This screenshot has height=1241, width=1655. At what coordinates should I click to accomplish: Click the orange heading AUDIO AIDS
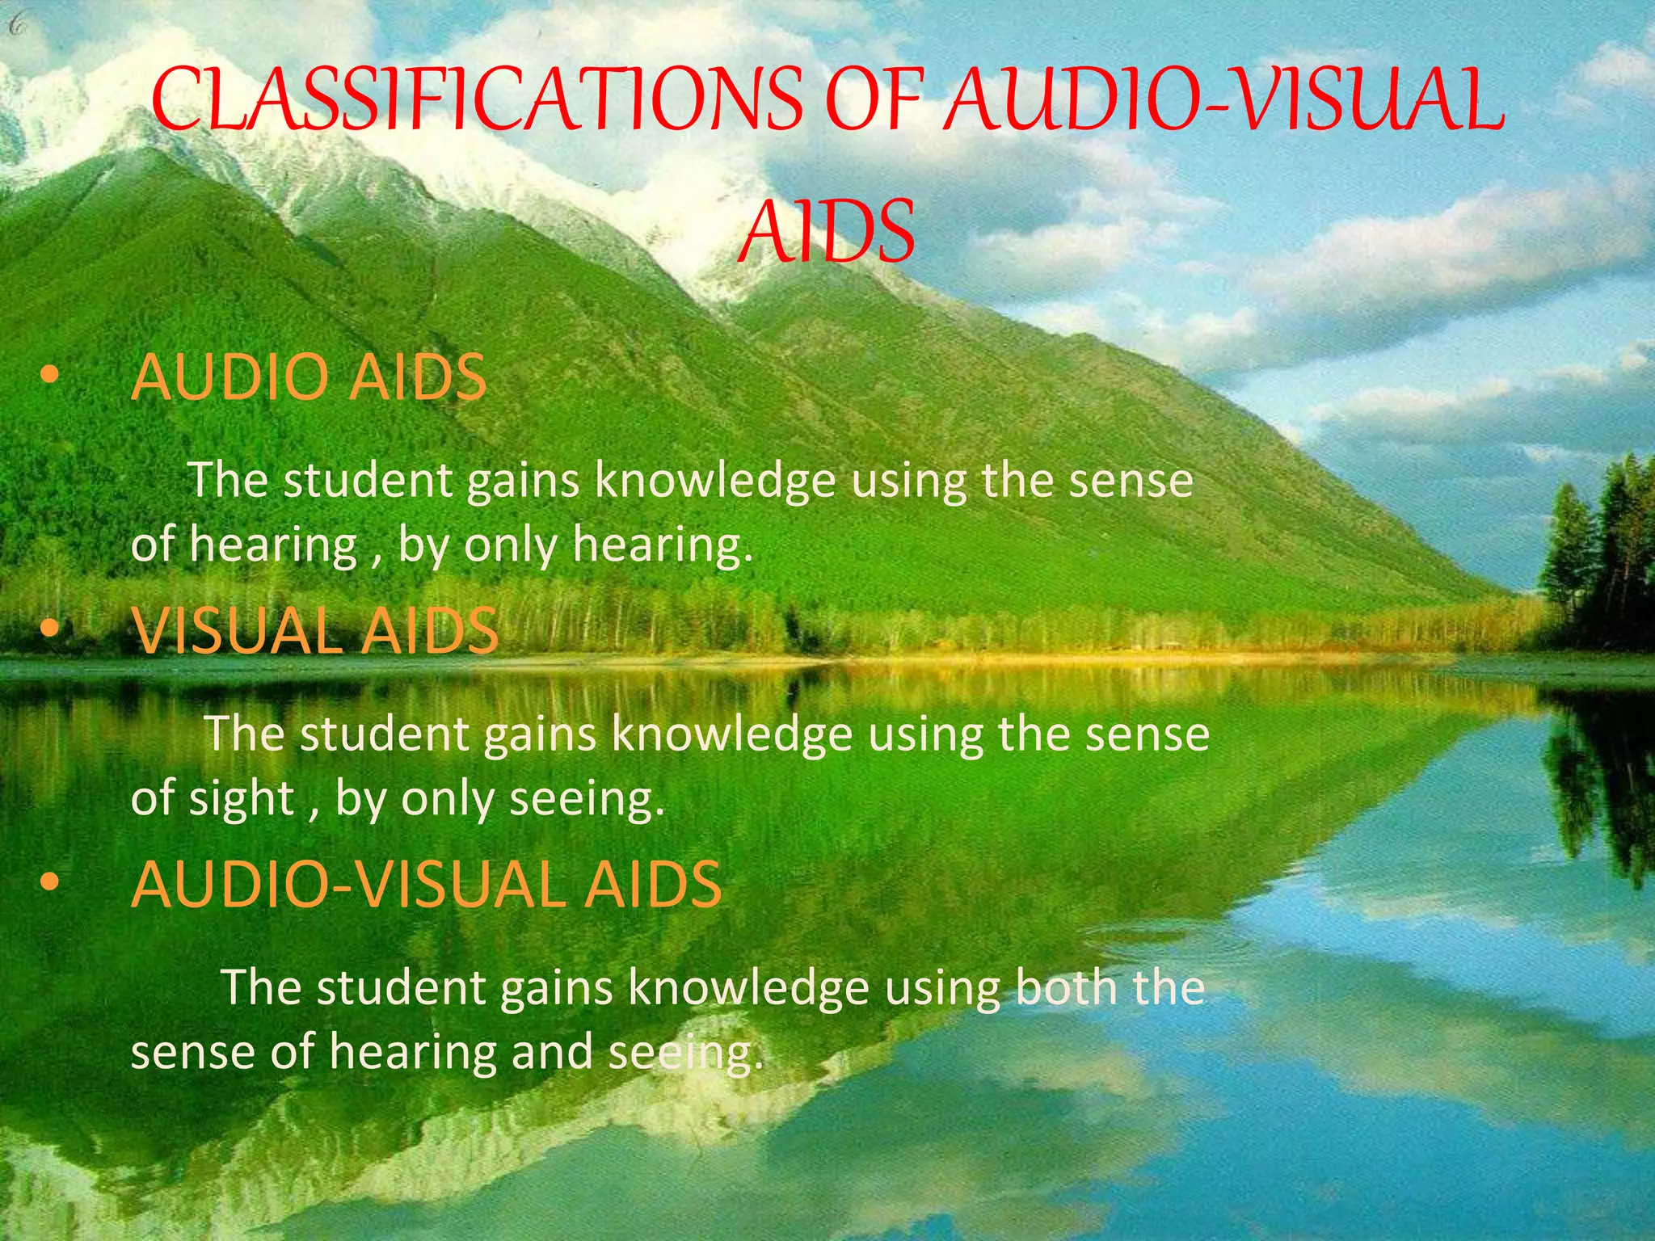pyautogui.click(x=309, y=377)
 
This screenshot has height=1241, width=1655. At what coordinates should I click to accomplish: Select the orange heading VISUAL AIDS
pyautogui.click(x=316, y=631)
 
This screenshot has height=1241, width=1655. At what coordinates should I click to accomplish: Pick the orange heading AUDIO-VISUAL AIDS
pyautogui.click(x=426, y=885)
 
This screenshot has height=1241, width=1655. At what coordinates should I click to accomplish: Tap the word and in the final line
pyautogui.click(x=553, y=1052)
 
